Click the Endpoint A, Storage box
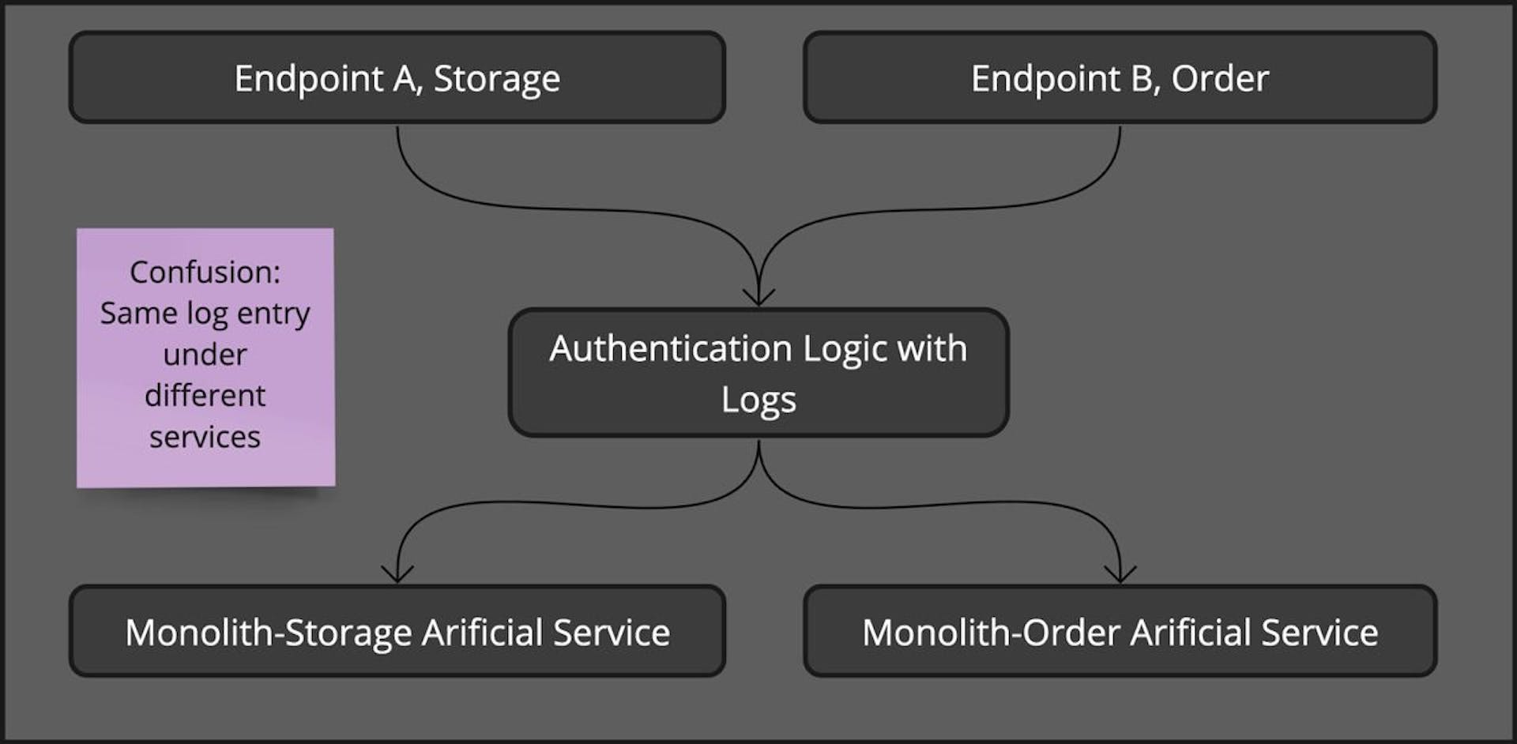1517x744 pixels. pos(397,77)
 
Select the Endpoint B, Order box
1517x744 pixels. pos(1120,77)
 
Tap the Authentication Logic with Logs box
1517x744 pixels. pos(758,372)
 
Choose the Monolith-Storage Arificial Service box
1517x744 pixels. pos(397,631)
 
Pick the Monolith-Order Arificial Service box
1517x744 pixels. pos(1120,631)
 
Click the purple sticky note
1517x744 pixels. pos(205,357)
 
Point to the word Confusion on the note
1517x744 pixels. pos(203,272)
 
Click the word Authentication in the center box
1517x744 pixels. pos(671,348)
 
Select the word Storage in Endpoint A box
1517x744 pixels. pos(497,78)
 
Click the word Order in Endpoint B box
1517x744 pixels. pos(1220,78)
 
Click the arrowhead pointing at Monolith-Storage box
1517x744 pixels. pos(397,575)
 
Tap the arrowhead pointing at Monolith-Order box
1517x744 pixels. pos(1120,575)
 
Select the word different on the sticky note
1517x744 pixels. pos(205,395)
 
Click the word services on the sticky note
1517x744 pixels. pos(205,437)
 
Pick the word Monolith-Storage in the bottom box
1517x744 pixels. pos(268,633)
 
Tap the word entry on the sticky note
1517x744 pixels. pos(273,314)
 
